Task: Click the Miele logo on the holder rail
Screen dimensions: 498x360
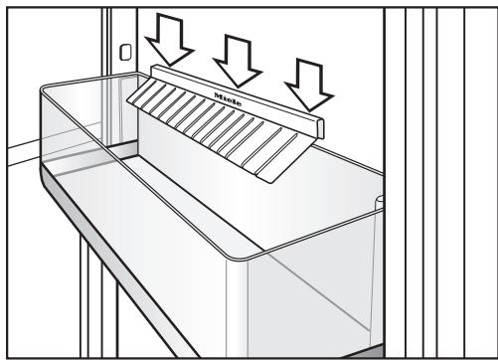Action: (228, 99)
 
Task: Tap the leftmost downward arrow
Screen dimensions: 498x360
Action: (169, 39)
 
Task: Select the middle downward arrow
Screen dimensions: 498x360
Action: (238, 61)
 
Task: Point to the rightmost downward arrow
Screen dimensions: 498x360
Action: (309, 85)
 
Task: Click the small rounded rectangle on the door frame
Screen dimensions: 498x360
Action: (125, 52)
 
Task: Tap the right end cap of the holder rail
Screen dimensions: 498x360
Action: (320, 127)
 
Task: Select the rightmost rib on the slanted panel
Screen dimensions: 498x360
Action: (277, 154)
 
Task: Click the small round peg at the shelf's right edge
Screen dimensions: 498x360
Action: (380, 202)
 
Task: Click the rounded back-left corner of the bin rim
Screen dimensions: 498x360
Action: (44, 89)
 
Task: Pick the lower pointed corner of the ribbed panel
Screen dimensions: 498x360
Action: (272, 183)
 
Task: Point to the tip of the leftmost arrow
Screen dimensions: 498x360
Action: (170, 66)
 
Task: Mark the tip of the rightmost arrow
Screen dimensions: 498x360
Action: (310, 111)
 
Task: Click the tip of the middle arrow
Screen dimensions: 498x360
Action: (239, 88)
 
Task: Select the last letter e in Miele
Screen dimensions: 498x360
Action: (239, 103)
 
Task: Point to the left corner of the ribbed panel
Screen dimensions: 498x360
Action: (128, 100)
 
